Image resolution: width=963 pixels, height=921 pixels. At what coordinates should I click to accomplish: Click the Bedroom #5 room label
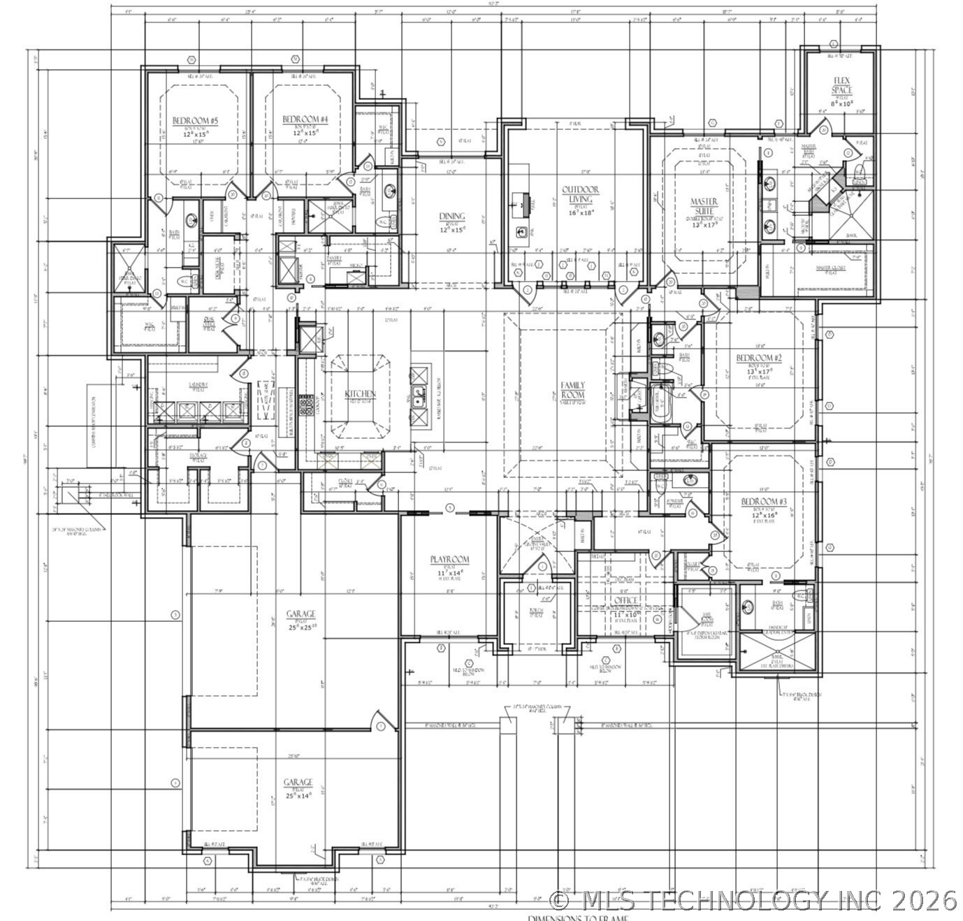coord(196,122)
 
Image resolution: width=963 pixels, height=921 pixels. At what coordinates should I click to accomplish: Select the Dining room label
coord(452,217)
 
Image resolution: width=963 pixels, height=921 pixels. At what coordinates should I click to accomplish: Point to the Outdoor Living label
coord(580,194)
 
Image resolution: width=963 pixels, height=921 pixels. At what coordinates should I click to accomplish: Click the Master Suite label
coord(704,207)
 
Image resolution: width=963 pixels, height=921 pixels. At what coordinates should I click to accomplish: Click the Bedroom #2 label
coord(759,358)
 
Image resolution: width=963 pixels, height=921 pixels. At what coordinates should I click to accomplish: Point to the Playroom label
coord(449,560)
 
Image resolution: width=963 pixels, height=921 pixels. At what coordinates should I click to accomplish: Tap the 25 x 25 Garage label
coord(301,614)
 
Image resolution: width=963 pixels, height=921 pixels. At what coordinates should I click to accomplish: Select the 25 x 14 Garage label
coord(298,782)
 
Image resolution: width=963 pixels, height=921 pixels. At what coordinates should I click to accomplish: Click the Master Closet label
coord(831,268)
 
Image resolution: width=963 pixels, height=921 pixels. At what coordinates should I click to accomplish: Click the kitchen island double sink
coord(419,397)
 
